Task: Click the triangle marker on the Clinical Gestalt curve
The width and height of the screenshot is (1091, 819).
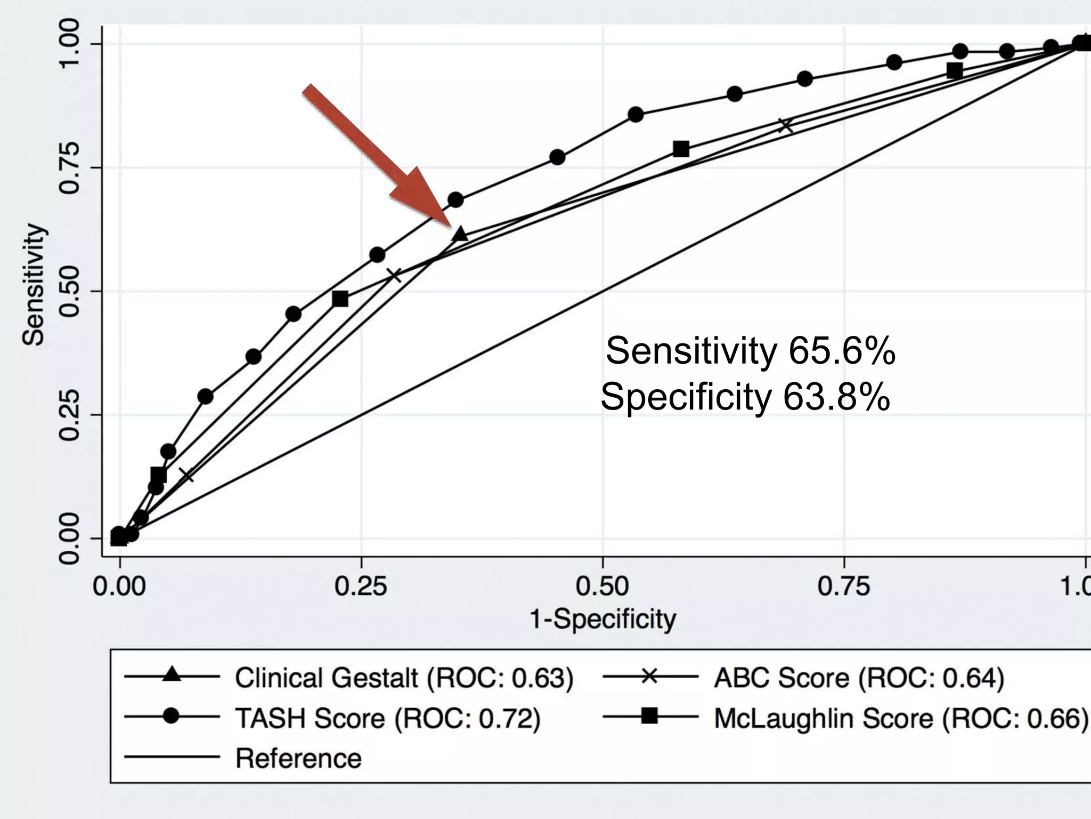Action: [460, 234]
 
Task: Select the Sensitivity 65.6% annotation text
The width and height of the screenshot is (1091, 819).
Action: [750, 351]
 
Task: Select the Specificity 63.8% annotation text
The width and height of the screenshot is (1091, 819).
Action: [745, 397]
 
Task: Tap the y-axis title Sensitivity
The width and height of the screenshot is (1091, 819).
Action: [33, 284]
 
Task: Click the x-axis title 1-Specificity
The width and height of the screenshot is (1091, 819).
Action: [603, 619]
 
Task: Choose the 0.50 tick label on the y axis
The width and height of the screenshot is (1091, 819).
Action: [69, 291]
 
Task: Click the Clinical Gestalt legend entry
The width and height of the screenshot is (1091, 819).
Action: [404, 678]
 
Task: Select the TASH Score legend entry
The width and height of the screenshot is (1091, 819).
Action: [387, 718]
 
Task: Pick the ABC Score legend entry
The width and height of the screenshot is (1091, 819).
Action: [858, 678]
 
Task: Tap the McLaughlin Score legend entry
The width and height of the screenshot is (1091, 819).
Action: [900, 718]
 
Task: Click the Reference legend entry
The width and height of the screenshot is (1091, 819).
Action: [298, 758]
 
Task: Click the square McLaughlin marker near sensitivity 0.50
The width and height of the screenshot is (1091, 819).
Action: [340, 299]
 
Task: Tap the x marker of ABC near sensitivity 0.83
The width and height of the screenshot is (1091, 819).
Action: [785, 126]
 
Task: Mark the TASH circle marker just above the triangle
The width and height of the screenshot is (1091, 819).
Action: [455, 200]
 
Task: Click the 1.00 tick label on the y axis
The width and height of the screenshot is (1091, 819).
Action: [69, 44]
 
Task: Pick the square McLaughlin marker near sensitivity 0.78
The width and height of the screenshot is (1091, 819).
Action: [681, 149]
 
